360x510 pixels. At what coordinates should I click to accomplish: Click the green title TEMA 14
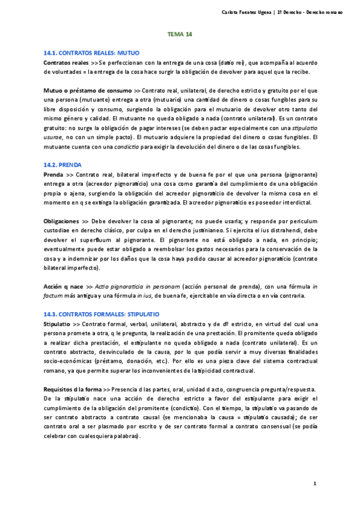pos(179,34)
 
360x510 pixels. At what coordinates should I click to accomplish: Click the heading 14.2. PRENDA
pos(63,164)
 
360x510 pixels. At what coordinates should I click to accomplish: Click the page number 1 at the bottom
pos(315,483)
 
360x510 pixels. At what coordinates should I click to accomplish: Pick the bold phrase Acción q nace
pos(64,287)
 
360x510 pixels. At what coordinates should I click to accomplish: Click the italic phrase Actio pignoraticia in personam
pos(139,287)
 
